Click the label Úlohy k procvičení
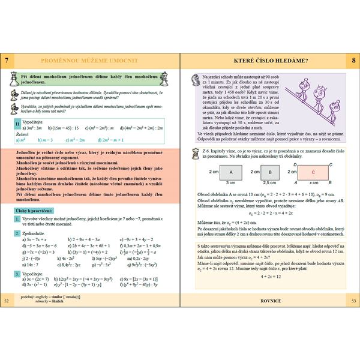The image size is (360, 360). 34,211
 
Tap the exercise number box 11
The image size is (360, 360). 18,122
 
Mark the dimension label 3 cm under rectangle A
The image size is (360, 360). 230,182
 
